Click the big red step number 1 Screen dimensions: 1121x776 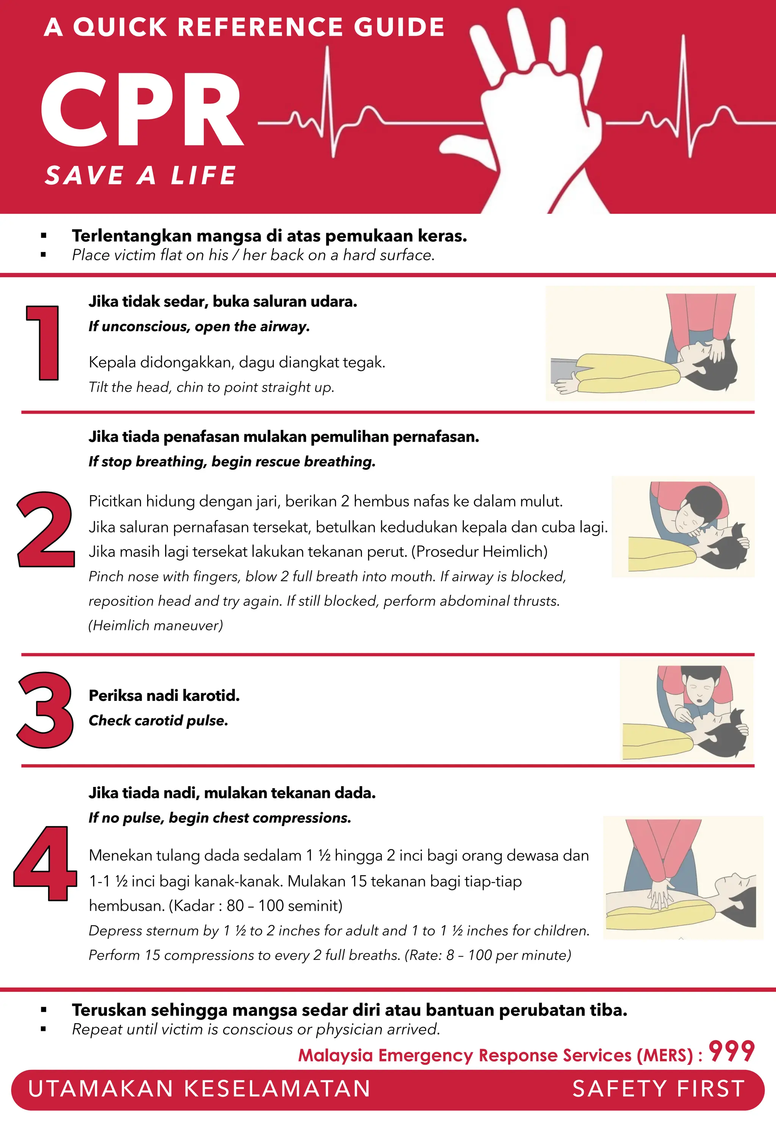(44, 343)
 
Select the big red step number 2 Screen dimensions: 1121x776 (46, 530)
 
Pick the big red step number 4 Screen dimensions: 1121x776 (45, 863)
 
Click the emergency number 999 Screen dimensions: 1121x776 (731, 1052)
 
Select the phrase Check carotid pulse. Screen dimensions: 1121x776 (158, 721)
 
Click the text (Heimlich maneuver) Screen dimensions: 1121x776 (156, 625)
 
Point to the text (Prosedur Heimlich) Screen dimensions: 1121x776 (479, 552)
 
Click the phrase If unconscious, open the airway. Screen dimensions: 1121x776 (199, 326)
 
